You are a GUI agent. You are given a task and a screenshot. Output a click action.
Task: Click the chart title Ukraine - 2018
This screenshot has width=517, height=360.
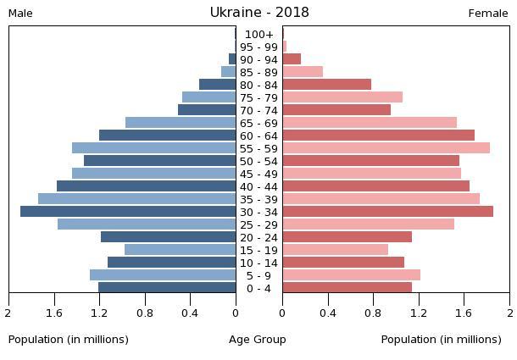click(259, 13)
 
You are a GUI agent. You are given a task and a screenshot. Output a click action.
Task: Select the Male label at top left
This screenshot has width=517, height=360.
click(20, 14)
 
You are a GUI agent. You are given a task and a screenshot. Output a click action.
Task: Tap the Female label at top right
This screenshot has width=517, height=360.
click(488, 14)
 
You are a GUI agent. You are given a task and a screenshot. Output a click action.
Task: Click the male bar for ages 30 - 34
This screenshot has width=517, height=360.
click(128, 211)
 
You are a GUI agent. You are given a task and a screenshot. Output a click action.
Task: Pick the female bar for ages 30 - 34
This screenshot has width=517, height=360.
click(387, 211)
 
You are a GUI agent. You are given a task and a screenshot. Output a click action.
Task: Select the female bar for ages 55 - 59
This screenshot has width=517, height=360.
click(386, 147)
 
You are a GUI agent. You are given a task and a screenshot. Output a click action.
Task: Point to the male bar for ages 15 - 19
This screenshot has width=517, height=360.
click(180, 249)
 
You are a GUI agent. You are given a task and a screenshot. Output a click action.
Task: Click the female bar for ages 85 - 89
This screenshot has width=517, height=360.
click(303, 71)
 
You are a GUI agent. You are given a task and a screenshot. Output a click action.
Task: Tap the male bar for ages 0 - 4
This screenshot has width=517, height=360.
click(167, 287)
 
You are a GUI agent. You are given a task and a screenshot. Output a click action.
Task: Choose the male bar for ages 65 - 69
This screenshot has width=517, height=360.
click(181, 122)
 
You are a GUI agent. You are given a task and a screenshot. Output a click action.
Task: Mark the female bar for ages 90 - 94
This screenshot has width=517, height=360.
click(292, 58)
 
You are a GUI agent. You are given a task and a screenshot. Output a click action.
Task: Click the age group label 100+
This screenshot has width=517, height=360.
click(258, 34)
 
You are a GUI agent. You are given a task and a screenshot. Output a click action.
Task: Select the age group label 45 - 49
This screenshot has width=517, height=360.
click(258, 174)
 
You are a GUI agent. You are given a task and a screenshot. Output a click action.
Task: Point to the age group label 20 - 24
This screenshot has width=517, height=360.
click(258, 237)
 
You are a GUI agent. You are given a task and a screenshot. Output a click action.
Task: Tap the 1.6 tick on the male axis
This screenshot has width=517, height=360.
click(55, 313)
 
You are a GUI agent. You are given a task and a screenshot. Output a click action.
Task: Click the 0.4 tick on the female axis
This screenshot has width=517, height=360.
click(327, 313)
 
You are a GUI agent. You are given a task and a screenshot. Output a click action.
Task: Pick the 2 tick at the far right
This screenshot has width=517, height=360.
click(509, 313)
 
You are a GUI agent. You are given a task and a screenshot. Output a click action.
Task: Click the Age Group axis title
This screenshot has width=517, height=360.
click(258, 339)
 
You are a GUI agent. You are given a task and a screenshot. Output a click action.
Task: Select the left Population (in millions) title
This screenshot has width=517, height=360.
click(69, 339)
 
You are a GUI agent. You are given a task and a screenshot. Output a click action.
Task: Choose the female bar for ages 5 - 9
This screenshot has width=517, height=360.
click(351, 274)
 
